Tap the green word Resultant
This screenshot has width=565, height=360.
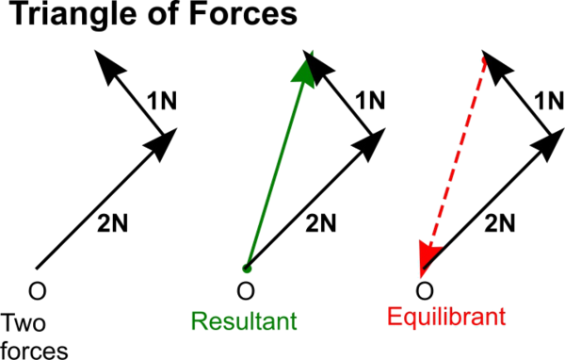pos(244,320)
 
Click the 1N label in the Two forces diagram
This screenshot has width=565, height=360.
pos(163,100)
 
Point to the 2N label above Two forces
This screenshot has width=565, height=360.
pos(112,223)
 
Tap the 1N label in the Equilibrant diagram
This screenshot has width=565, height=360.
pos(549,100)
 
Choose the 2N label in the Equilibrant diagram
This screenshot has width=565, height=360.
pos(500,223)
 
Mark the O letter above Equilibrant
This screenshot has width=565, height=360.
pos(425,287)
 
